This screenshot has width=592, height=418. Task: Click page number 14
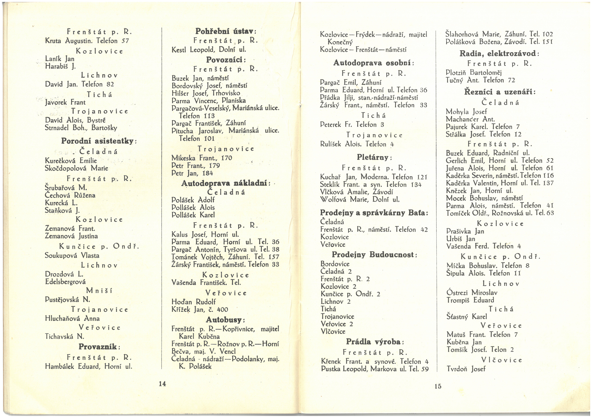pos(162,384)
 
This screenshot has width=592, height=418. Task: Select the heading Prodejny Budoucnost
pos(374,255)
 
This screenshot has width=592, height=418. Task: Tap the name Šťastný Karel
pos(467,317)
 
